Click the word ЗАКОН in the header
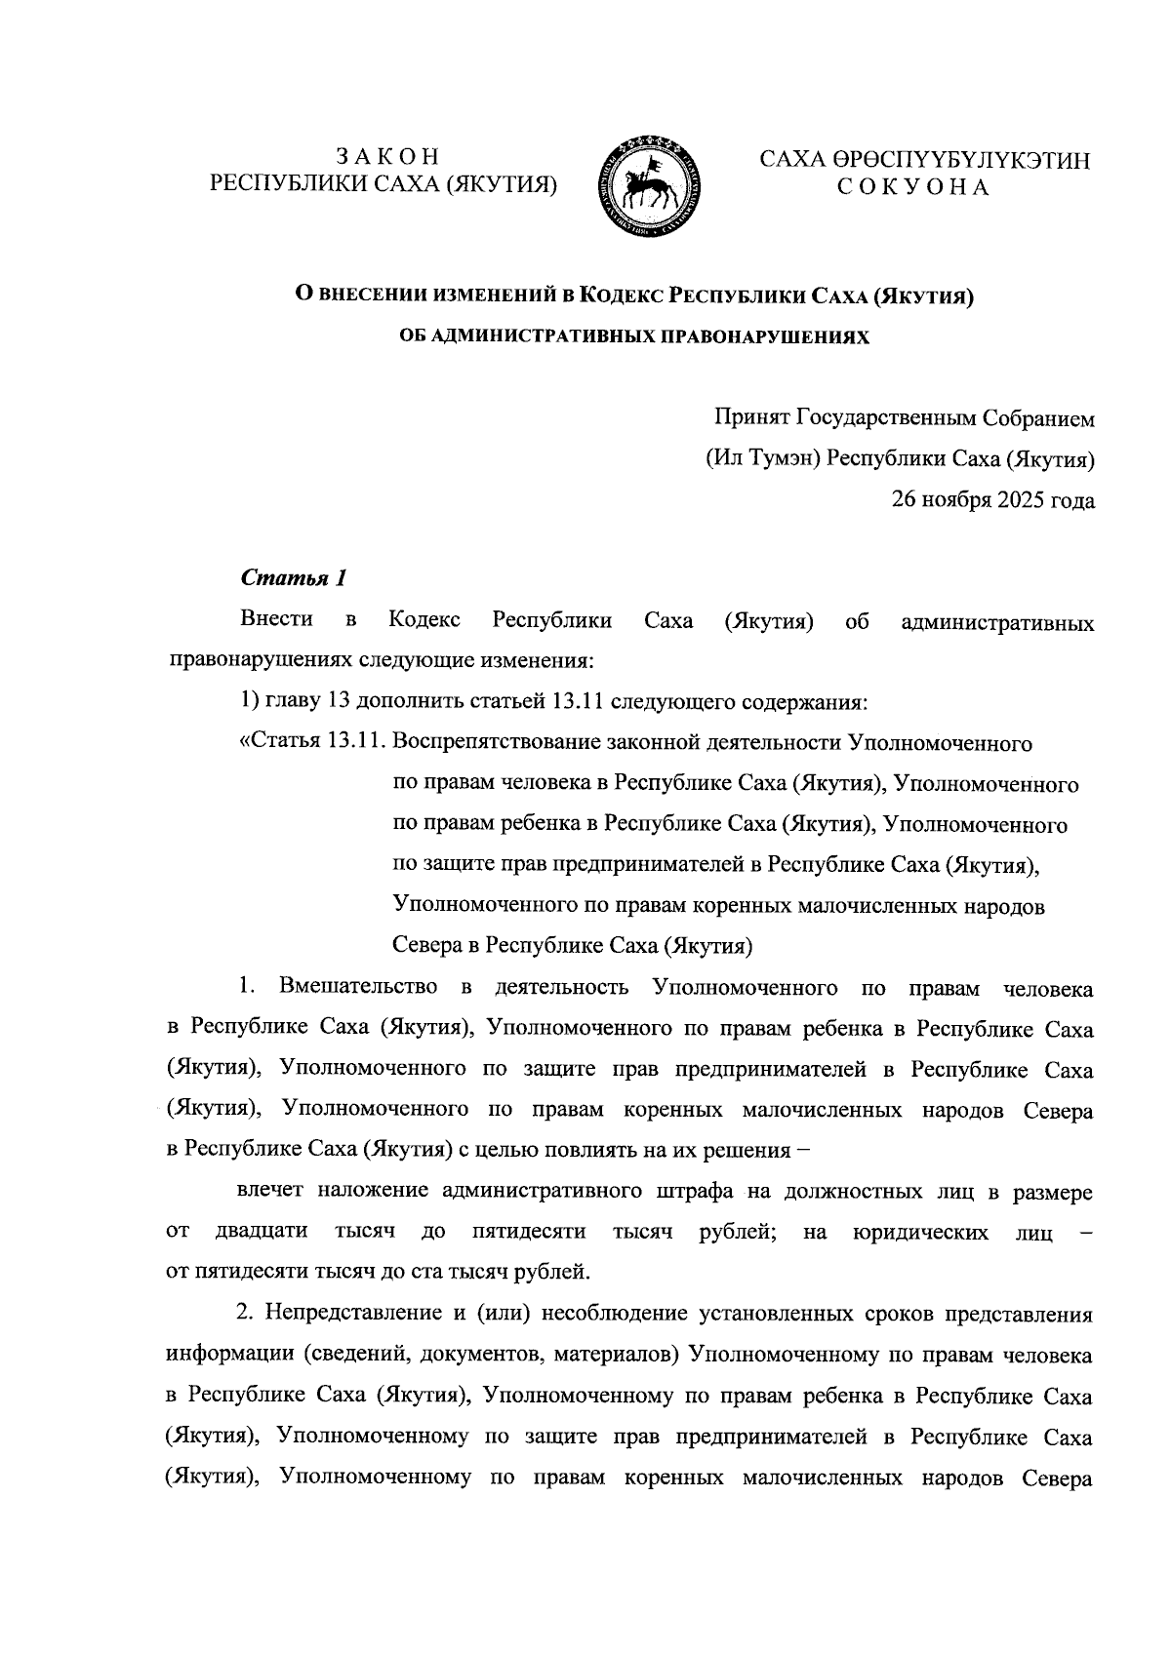[388, 156]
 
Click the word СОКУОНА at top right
[914, 187]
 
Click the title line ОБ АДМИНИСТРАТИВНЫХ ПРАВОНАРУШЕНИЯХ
[635, 335]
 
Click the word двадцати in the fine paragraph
[260, 1232]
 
